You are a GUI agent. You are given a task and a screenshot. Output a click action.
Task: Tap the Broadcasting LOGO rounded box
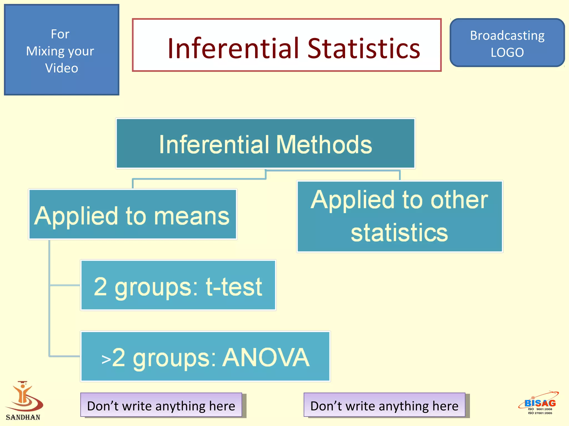[x=507, y=43]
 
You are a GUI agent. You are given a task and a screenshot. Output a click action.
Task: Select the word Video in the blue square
[x=61, y=68]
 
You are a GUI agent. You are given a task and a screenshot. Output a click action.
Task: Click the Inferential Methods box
[x=265, y=144]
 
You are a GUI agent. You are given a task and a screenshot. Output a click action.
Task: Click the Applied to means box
[x=133, y=214]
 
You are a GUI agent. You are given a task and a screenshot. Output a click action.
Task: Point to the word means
[x=192, y=217]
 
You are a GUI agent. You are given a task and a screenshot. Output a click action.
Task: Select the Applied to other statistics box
[x=400, y=217]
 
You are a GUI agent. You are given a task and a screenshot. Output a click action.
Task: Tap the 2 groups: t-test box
[x=178, y=285]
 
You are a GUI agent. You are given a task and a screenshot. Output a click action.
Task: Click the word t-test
[x=234, y=287]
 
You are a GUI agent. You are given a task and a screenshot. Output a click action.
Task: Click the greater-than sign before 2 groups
[x=106, y=359]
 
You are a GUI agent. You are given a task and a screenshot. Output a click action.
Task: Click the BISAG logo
[x=540, y=402]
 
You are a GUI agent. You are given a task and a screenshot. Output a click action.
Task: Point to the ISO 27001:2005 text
[x=540, y=413]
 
